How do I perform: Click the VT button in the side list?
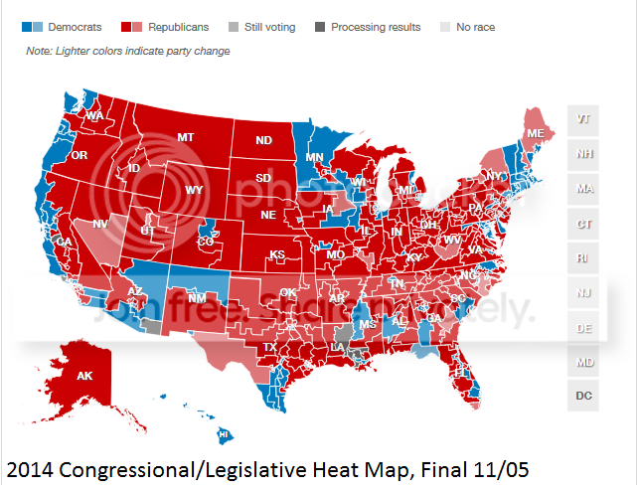pos(583,119)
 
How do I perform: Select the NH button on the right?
pos(583,154)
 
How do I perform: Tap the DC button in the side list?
pos(583,396)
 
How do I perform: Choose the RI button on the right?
pos(583,257)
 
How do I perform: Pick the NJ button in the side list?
pos(583,292)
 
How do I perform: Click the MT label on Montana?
pos(185,137)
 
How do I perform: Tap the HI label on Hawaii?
pos(225,435)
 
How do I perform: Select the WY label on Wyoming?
pos(195,190)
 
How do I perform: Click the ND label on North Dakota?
pos(263,141)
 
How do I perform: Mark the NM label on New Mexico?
pos(197,297)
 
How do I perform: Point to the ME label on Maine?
pos(535,133)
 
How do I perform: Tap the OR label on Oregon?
pos(80,156)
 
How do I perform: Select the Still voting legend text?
pos(267,27)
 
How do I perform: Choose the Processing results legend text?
pos(376,27)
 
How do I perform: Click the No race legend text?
pos(476,27)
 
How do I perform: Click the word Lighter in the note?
pos(76,51)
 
